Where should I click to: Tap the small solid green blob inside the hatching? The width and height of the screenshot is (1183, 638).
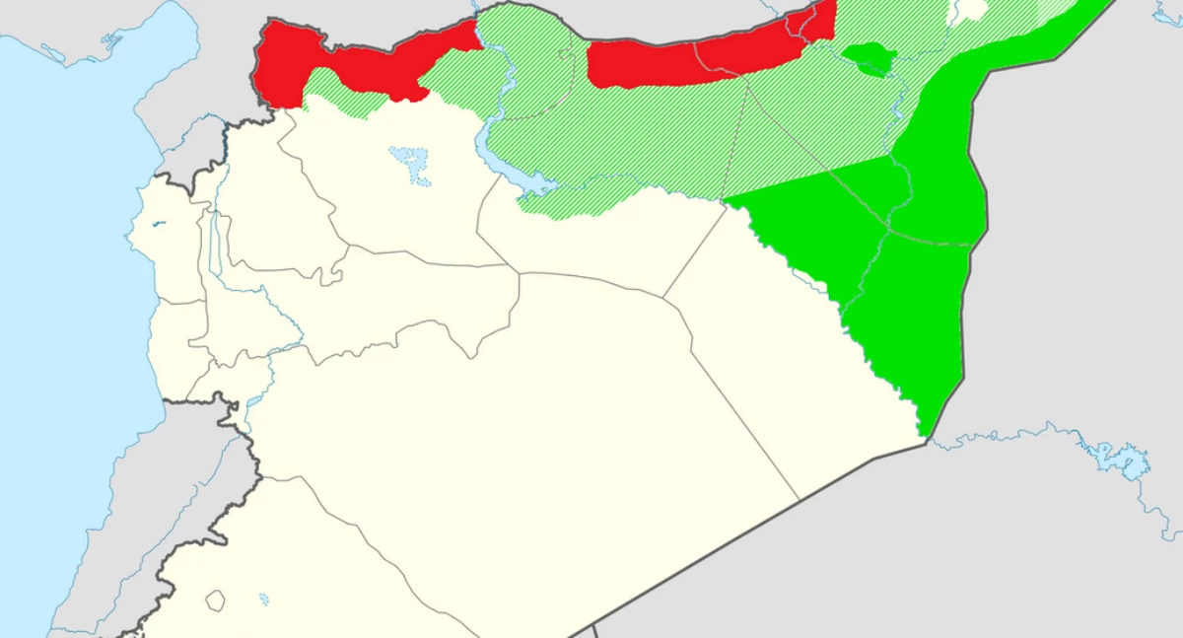pos(868,58)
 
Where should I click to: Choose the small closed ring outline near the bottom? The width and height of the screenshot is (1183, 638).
pos(214,600)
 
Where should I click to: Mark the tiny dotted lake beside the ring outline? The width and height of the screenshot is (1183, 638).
pos(263,598)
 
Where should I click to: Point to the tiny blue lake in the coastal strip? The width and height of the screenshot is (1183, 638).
pos(158,224)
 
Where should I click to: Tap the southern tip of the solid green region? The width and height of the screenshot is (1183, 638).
pos(924,429)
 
